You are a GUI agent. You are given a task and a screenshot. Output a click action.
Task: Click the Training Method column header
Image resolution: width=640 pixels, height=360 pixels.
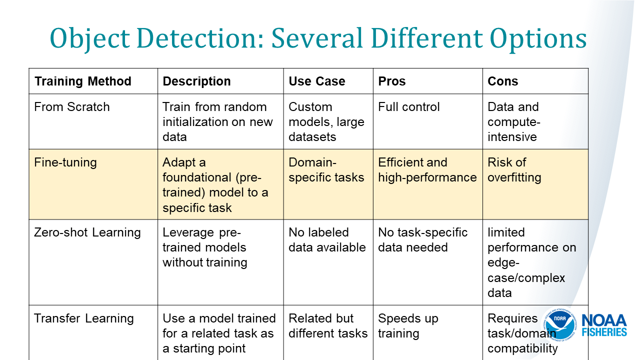tap(82, 81)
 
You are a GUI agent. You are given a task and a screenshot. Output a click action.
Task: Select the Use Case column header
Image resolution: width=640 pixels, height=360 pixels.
tap(317, 81)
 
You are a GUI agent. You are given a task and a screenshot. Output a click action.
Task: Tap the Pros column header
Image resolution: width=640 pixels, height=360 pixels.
tap(392, 81)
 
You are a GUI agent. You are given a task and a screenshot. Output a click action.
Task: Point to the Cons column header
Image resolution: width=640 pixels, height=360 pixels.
tap(503, 81)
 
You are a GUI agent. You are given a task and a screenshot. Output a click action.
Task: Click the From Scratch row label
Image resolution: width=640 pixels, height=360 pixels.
tap(71, 107)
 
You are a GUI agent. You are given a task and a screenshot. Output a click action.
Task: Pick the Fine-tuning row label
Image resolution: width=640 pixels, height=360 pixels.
tap(65, 162)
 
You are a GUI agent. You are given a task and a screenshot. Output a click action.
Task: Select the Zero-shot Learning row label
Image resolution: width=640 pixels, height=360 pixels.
tap(87, 232)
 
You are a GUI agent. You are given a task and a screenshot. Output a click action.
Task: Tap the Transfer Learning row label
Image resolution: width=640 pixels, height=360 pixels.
tap(84, 318)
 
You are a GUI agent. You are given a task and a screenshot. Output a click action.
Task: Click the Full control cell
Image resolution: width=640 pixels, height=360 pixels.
tap(409, 107)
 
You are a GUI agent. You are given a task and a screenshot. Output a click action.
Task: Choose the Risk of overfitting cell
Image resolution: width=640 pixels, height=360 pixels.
tap(514, 170)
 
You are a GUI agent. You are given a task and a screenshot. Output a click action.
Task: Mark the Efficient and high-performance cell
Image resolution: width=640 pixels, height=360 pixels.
tap(427, 170)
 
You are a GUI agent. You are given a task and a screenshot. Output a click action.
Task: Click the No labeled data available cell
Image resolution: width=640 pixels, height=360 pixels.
tap(327, 240)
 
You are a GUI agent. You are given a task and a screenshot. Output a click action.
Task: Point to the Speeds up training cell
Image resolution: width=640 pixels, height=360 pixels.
tap(408, 326)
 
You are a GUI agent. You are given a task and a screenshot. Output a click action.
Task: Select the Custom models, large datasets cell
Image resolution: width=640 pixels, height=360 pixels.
tap(326, 121)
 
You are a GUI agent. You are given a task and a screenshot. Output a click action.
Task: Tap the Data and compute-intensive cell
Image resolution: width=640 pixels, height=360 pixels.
tap(514, 121)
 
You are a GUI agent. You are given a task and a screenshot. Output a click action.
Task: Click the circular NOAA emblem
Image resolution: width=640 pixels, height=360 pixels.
tap(560, 325)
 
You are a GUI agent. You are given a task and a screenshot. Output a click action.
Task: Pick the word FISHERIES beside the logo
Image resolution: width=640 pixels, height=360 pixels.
tap(604, 332)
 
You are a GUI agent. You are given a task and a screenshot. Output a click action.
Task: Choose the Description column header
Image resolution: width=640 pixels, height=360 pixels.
tap(197, 81)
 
